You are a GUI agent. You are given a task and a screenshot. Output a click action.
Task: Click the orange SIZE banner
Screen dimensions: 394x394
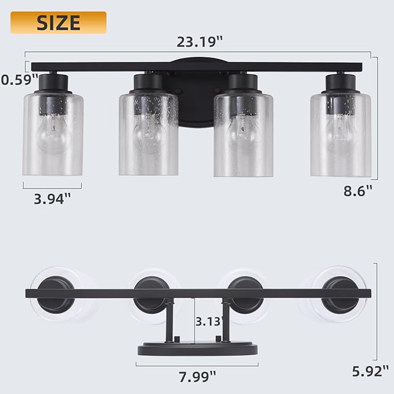coord(58,23)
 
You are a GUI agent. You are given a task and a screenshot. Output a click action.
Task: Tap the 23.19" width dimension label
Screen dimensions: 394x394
coord(200,42)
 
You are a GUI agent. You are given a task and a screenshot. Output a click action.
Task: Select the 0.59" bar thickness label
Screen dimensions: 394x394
coord(19,79)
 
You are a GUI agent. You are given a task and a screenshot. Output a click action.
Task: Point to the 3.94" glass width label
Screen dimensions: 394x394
coord(52,199)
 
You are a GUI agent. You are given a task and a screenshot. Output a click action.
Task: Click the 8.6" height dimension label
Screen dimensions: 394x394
coord(358,191)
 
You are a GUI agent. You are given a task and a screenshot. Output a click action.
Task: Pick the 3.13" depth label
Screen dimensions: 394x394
coord(209,321)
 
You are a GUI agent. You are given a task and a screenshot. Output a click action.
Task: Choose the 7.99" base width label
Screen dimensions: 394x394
coord(197,377)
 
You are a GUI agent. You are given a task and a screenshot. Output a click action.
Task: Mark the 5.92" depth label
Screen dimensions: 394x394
coord(370,371)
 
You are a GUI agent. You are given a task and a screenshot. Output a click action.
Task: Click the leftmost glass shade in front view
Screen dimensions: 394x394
coord(53,135)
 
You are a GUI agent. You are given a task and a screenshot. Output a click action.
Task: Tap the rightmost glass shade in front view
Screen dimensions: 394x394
coord(341,135)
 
